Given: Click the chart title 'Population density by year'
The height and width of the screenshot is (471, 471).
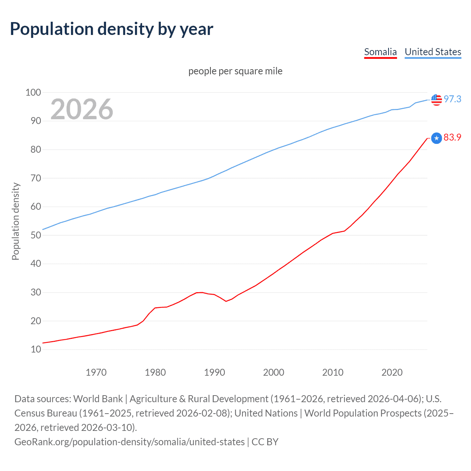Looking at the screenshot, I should (111, 29).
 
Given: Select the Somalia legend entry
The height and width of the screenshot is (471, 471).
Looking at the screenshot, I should (380, 52).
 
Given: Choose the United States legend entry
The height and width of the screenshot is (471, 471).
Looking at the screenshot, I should (433, 52).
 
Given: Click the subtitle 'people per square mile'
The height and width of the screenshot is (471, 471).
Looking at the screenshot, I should (235, 71).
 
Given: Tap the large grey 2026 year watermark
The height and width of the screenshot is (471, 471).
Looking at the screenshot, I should (82, 109).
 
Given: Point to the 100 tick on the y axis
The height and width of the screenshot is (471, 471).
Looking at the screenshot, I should (33, 92).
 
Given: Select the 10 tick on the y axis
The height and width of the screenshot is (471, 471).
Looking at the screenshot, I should (36, 349).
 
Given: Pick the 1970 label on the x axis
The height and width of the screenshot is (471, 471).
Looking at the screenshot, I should (96, 372).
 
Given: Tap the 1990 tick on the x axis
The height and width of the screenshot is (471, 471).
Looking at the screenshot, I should (215, 372).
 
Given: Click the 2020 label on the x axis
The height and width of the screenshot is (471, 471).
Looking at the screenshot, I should (392, 372).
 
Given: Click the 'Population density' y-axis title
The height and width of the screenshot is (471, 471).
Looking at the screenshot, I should (15, 221).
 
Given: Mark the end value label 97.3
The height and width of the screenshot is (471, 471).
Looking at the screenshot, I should (452, 99).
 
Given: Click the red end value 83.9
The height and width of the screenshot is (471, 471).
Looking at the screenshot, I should (452, 137).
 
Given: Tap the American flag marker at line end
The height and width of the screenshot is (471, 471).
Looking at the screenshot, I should (436, 99).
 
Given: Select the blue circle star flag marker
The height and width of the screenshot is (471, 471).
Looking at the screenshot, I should (436, 138).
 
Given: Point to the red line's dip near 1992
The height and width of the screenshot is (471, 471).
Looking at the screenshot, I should (226, 301).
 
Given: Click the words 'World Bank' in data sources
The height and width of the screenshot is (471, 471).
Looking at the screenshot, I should (98, 399).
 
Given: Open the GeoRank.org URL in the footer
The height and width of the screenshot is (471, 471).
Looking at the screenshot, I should (130, 442).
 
